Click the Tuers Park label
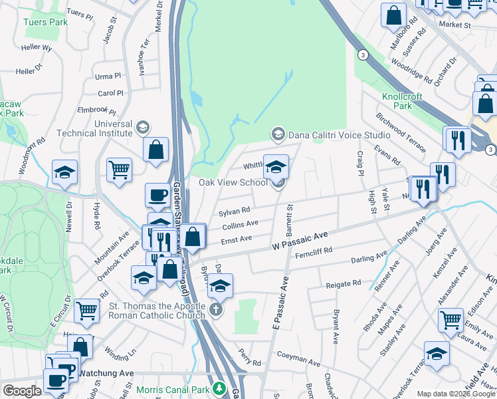pos(45,22)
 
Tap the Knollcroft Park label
pos(402,101)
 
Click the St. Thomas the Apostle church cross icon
pos(215,310)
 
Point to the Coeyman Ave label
pos(300,360)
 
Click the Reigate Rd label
pos(343,284)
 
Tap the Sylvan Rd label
pos(234,211)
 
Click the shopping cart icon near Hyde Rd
pos(119,170)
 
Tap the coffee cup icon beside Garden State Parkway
pos(158,196)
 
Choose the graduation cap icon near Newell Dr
pos(64,172)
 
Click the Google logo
pos(22,390)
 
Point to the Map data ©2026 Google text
pos(455,394)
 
